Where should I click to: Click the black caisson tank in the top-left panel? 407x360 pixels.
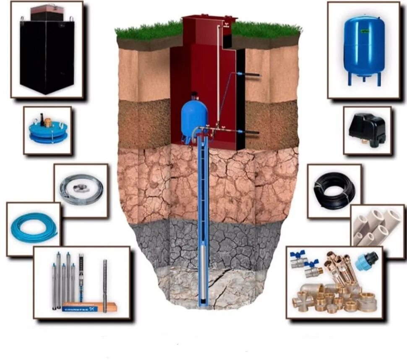pyautogui.click(x=47, y=57)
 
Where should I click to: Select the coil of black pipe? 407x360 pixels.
pyautogui.click(x=334, y=191)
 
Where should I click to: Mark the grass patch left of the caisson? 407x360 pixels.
pyautogui.click(x=147, y=30)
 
